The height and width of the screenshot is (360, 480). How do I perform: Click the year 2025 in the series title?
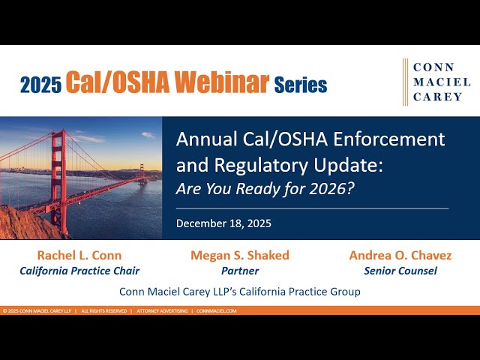[41, 85]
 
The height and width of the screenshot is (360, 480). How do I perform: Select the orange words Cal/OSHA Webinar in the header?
[166, 83]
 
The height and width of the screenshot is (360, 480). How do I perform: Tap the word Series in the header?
[300, 85]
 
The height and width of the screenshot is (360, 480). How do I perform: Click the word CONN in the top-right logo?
[433, 67]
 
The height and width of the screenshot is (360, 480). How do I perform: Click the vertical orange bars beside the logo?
[406, 82]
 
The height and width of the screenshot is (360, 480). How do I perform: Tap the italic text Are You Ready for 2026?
[265, 187]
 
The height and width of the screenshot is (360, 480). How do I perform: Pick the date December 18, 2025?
[223, 223]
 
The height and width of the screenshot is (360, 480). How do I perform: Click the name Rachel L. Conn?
[79, 256]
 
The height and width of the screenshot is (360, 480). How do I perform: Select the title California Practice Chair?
[79, 271]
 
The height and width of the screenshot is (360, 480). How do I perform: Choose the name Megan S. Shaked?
[240, 256]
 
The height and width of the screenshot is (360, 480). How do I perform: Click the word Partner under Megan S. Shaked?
[240, 271]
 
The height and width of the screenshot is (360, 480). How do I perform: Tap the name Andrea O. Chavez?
[400, 256]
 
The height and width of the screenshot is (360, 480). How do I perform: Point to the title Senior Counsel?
[400, 271]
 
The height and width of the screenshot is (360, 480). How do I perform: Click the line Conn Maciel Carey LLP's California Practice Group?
[240, 291]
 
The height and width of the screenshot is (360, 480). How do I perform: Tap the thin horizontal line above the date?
[312, 208]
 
